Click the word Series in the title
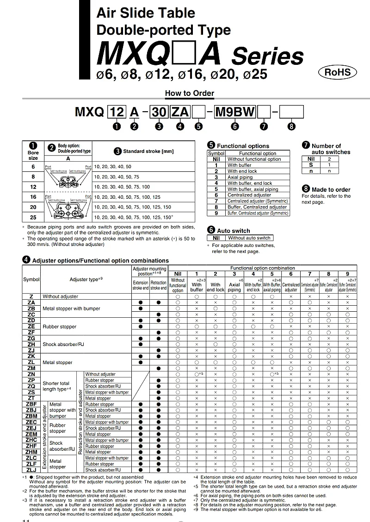(x=267, y=57)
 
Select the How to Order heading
(x=190, y=93)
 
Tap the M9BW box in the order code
(x=234, y=112)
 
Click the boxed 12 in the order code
(x=117, y=112)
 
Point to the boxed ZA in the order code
(x=181, y=112)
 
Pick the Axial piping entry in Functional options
(x=240, y=177)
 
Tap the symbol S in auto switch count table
(x=311, y=164)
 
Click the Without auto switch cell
(x=249, y=238)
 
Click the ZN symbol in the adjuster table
(x=31, y=374)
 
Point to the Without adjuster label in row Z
(x=61, y=296)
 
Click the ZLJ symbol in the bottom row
(x=31, y=470)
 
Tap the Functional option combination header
(x=262, y=268)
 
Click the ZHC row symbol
(x=31, y=440)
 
